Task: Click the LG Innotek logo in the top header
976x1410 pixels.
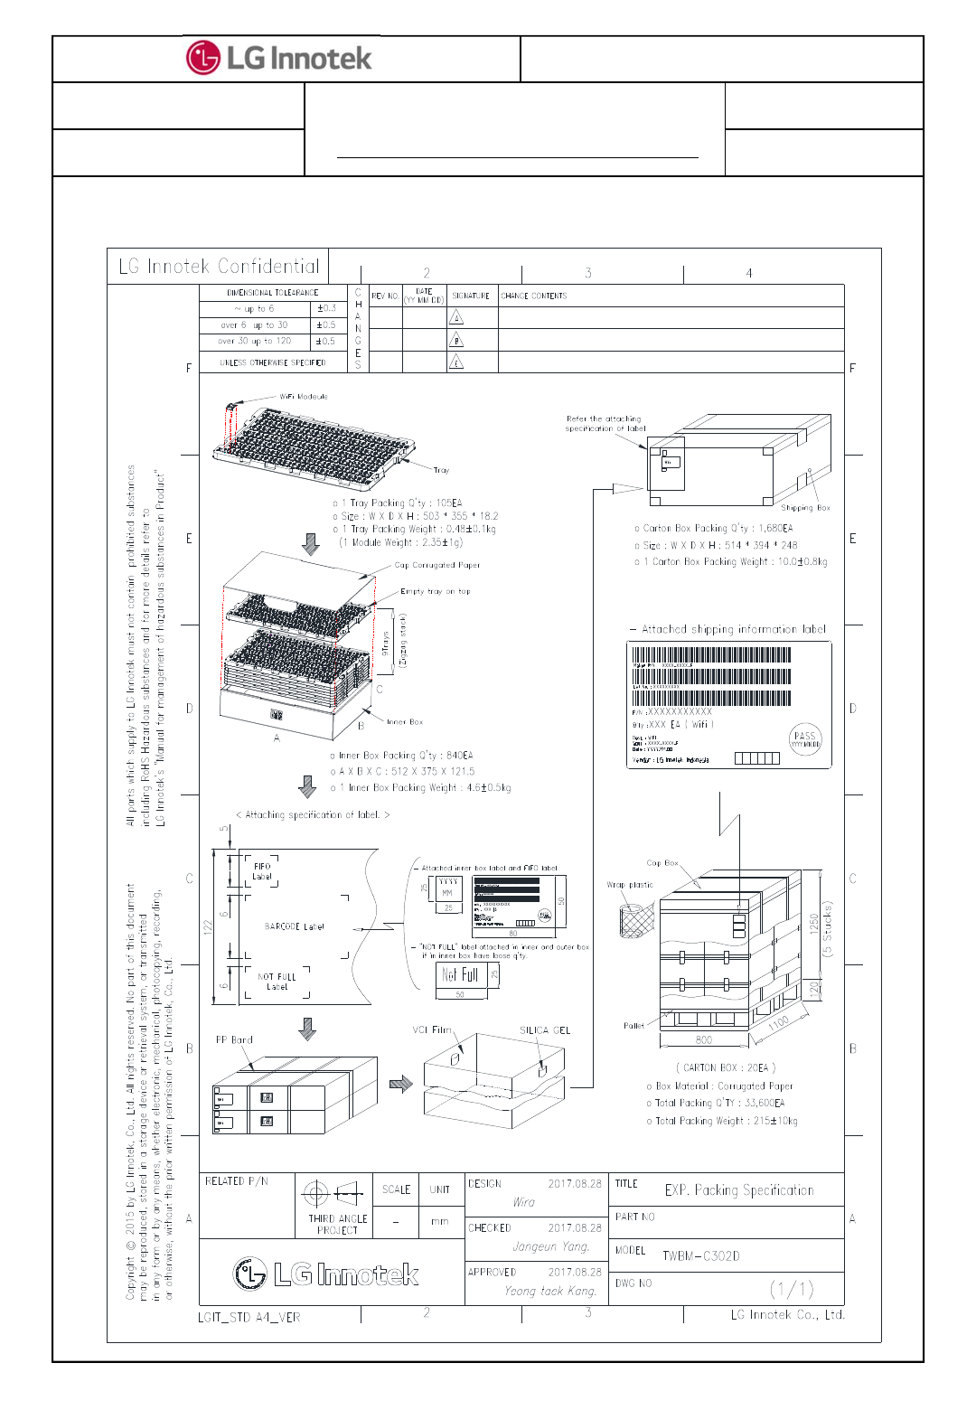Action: click(279, 59)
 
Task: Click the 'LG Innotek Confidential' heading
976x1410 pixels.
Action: click(220, 267)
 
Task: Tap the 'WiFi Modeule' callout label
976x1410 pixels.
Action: click(304, 397)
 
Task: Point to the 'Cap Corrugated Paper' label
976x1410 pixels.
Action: click(437, 566)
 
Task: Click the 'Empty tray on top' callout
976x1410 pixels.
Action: click(436, 592)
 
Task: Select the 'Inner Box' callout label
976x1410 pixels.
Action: click(405, 722)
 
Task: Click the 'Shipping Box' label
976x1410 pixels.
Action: click(805, 508)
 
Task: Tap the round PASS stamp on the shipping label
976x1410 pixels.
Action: click(805, 740)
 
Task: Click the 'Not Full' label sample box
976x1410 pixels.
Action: click(461, 974)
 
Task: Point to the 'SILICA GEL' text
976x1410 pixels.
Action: click(545, 1030)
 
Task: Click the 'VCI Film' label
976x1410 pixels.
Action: click(432, 1030)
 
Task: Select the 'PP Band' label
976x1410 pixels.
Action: click(234, 1040)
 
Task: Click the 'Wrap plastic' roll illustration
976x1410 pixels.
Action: click(637, 920)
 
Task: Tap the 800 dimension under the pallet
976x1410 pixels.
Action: click(704, 1040)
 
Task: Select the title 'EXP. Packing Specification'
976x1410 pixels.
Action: click(739, 1190)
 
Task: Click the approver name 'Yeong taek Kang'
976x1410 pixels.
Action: click(550, 1292)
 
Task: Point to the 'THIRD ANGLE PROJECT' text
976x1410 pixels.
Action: click(338, 1225)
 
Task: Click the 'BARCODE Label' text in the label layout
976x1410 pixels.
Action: click(295, 927)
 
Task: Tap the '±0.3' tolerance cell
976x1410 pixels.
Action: click(327, 309)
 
